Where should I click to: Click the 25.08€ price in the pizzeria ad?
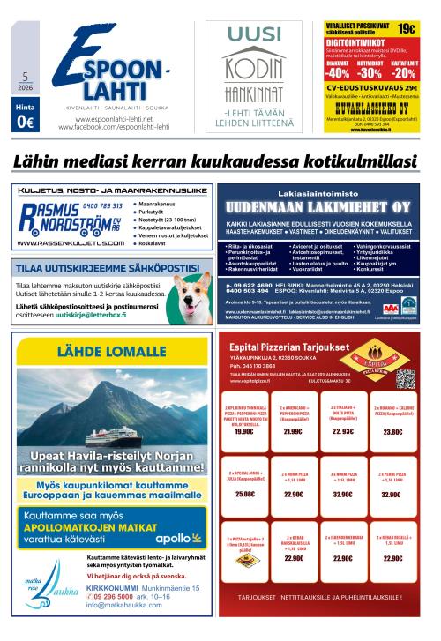[x=244, y=495]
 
